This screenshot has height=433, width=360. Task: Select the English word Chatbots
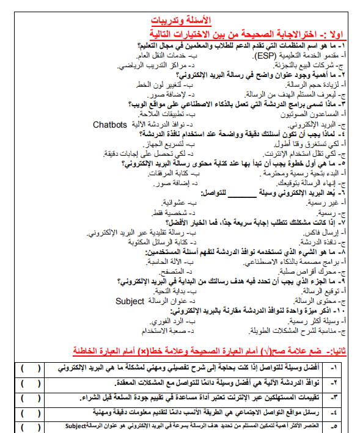pyautogui.click(x=110, y=125)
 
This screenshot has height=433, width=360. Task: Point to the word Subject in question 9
pyautogui.click(x=130, y=301)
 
